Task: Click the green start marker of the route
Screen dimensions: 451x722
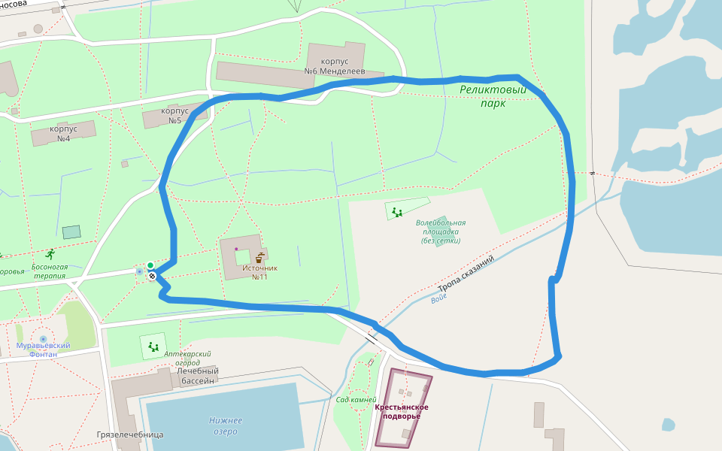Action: coord(150,265)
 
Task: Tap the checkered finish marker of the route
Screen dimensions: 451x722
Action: coord(152,276)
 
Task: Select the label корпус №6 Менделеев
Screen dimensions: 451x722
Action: coord(334,66)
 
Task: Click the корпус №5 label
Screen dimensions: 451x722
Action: coord(174,115)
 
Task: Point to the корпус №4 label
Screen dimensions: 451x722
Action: coord(63,133)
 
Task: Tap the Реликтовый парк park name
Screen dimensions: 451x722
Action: coord(493,96)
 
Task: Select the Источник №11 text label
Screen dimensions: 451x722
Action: coord(260,272)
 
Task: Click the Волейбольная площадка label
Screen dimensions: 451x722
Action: coord(441,232)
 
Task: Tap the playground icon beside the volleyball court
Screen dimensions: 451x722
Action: coord(396,212)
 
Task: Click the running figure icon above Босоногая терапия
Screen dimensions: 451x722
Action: coord(50,254)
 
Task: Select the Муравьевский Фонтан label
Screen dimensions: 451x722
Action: coord(44,350)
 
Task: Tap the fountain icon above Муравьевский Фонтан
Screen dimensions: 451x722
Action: coord(43,339)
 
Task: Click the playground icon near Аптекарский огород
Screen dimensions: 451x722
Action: coord(153,347)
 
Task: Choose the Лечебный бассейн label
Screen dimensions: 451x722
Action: coord(198,376)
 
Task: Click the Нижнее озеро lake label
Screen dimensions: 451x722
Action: coord(226,425)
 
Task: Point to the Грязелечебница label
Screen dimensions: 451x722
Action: coord(130,434)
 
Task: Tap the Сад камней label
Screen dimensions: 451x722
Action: coord(355,399)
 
